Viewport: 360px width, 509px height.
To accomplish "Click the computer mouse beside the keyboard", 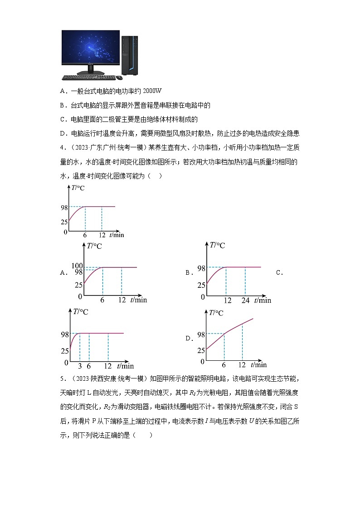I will point(119,78).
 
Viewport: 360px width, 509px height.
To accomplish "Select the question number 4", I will point(62,148).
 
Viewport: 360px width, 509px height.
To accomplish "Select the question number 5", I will point(62,379).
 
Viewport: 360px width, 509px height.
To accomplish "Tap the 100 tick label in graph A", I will point(77,266).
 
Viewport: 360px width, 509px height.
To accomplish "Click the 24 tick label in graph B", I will point(245,300).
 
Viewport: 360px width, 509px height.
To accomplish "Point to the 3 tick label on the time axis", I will point(80,366).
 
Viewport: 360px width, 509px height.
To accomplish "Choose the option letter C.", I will point(279,272).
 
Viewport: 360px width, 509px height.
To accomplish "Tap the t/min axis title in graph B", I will point(263,300).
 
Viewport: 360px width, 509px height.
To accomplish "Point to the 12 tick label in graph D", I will point(242,365).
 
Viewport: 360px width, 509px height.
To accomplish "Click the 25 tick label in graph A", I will point(78,285).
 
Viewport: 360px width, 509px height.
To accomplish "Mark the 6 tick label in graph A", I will point(102,300).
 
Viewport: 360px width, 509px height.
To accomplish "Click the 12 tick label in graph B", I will point(227,300).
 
